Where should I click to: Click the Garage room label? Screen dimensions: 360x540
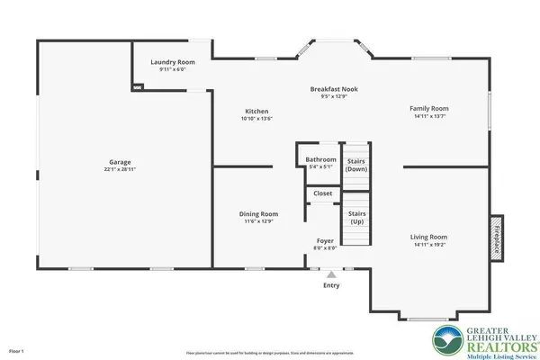(114, 164)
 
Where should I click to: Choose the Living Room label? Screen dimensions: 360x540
(432, 237)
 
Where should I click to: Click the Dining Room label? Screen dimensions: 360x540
(258, 213)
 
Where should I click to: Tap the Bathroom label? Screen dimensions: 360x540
(320, 159)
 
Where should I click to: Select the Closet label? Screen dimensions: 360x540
(321, 193)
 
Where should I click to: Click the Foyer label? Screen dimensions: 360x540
(324, 241)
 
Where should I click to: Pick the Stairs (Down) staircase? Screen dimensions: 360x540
(357, 164)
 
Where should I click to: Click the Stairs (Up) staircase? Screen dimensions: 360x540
(357, 220)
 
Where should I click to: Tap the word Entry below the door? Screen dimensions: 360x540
(332, 286)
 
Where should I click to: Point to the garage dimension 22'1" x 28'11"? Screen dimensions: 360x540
(114, 171)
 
